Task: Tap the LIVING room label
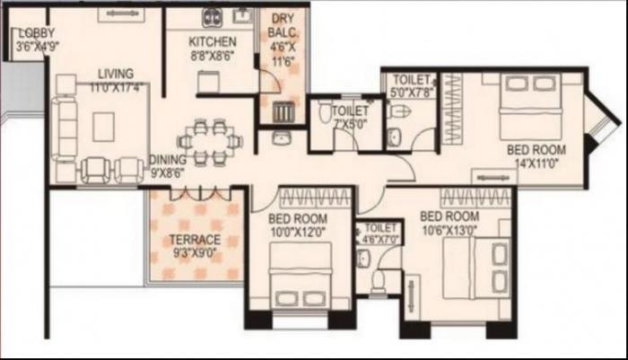click(x=118, y=74)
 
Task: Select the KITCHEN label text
click(x=214, y=41)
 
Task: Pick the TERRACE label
click(x=196, y=240)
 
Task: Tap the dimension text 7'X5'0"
click(x=348, y=125)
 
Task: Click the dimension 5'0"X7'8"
click(x=414, y=92)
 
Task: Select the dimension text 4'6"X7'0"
click(x=376, y=240)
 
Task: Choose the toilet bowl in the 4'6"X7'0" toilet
click(x=378, y=281)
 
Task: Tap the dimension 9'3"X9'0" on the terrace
click(x=196, y=252)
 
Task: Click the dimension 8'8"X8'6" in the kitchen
click(x=214, y=54)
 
